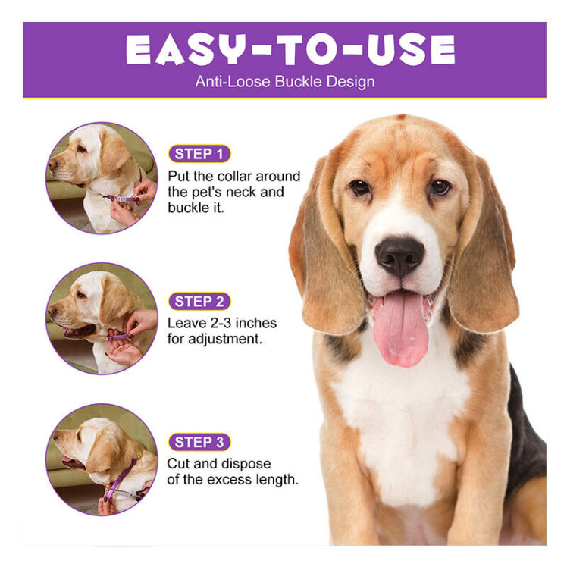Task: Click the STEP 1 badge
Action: (199, 154)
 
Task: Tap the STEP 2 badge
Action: (199, 302)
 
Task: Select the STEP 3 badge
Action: (199, 442)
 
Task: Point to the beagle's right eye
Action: (360, 187)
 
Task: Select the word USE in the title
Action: (410, 49)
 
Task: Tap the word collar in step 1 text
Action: (237, 176)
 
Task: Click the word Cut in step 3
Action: (179, 464)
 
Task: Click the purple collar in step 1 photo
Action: (121, 198)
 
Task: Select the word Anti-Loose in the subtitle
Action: (233, 81)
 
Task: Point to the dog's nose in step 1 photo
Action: (53, 165)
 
